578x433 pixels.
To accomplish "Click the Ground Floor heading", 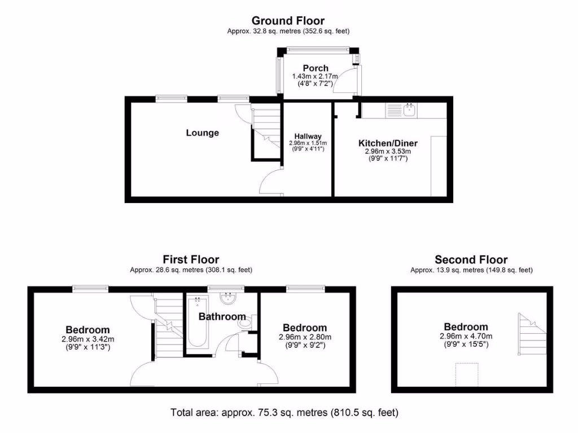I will (288, 21).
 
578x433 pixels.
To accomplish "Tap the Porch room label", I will (315, 68).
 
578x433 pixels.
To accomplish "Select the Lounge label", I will (203, 133).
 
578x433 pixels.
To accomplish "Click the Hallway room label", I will (308, 136).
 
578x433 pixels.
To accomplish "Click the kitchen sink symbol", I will (409, 110).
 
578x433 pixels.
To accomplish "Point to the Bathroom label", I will (222, 317).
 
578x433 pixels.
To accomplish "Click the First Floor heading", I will (191, 260).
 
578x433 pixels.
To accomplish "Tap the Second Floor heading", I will (471, 260).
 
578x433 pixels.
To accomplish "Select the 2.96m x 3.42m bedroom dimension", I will (87, 339).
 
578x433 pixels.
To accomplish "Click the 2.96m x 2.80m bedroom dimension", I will (305, 337).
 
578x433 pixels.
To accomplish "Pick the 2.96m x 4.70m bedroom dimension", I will (466, 337).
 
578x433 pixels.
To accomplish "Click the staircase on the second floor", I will (529, 334).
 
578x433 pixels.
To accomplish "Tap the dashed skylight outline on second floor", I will (467, 374).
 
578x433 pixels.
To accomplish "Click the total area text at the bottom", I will (284, 413).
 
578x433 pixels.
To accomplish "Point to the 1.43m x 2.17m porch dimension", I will (315, 77).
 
